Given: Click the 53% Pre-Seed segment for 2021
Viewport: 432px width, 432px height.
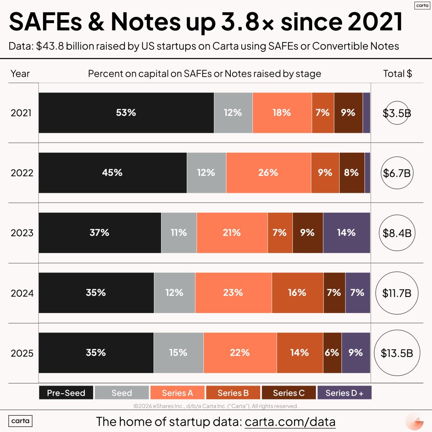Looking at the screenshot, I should pyautogui.click(x=126, y=113).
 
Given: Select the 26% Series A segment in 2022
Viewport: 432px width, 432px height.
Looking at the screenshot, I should pyautogui.click(x=268, y=173).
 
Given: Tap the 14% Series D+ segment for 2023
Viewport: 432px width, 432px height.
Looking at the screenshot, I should pyautogui.click(x=346, y=232).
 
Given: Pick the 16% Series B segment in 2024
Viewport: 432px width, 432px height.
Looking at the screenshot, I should pyautogui.click(x=297, y=292).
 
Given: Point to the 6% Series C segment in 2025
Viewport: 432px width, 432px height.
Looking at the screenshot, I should pyautogui.click(x=332, y=352).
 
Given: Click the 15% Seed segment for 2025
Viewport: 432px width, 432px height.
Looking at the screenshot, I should pyautogui.click(x=178, y=352).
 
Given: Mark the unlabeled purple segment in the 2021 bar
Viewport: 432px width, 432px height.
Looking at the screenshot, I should pyautogui.click(x=367, y=113).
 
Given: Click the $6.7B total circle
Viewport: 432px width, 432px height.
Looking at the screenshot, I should pyautogui.click(x=397, y=173).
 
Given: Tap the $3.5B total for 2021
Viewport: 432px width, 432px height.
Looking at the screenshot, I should pyautogui.click(x=397, y=113).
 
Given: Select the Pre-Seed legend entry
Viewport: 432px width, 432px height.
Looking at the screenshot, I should pyautogui.click(x=66, y=393).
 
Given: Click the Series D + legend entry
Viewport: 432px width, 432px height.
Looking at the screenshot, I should pyautogui.click(x=344, y=393).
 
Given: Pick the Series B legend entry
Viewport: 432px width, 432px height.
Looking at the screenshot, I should pyautogui.click(x=233, y=393).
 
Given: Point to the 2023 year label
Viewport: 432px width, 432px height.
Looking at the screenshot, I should pyautogui.click(x=22, y=233).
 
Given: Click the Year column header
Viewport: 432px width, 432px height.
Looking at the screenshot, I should pyautogui.click(x=20, y=73).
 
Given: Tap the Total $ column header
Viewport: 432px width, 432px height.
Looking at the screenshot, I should pyautogui.click(x=397, y=73).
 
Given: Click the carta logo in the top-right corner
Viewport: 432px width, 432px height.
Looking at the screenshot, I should pyautogui.click(x=420, y=5).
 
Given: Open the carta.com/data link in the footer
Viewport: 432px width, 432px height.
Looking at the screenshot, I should pyautogui.click(x=290, y=421).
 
